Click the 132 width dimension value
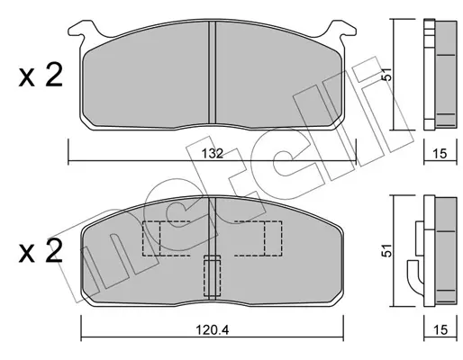pos(213,154)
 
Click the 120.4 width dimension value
pos(213,330)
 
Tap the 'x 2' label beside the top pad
pos(41,75)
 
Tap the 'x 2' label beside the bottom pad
pos(41,251)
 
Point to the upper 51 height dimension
pos(387,74)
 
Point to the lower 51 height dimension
pos(387,250)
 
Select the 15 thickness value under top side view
pos(440,154)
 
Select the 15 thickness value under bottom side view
pos(440,330)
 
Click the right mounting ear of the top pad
pos(341,30)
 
